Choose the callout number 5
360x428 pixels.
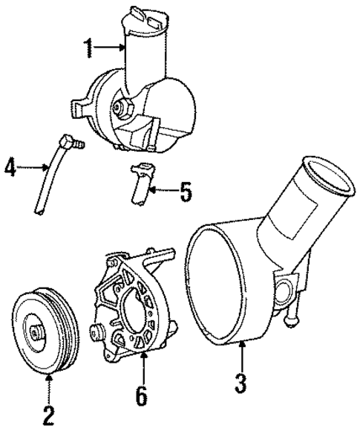186,192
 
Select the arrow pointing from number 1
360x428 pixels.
110,49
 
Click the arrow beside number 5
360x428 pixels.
163,192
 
